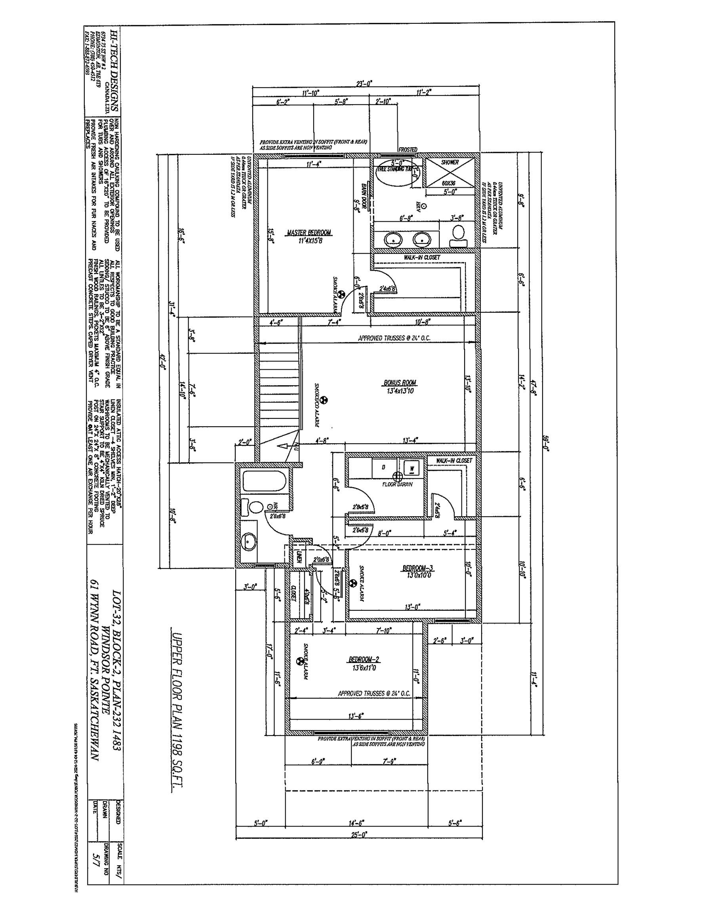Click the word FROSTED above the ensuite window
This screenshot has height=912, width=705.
click(408, 150)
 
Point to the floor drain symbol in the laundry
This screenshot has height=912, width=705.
click(397, 476)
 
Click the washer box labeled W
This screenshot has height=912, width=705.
click(412, 468)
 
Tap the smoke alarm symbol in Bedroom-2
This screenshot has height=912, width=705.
click(299, 661)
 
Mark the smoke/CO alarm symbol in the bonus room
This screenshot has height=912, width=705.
click(324, 400)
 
